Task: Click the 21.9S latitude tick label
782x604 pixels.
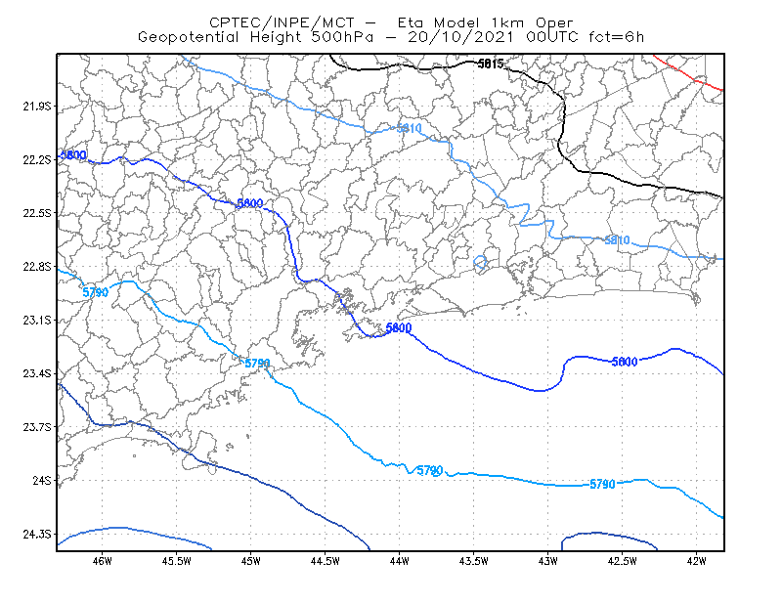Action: [x=37, y=107]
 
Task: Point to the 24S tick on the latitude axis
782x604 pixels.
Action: [x=42, y=480]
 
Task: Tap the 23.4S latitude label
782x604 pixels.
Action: [x=37, y=373]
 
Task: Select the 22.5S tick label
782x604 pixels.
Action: [x=37, y=213]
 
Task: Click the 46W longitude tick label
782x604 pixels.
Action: [x=103, y=561]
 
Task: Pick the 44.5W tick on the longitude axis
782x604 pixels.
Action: [x=325, y=561]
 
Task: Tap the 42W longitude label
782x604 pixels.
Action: [x=696, y=561]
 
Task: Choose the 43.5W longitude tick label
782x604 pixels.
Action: [x=473, y=561]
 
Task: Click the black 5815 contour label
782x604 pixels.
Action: [x=491, y=64]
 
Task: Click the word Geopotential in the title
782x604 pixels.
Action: [x=189, y=37]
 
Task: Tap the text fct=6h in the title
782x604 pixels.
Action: [x=617, y=37]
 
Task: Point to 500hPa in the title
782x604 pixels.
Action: [x=343, y=37]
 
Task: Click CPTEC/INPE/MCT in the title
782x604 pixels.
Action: [x=282, y=22]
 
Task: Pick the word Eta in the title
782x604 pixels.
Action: [x=411, y=22]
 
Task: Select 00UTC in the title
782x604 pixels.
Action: [x=552, y=37]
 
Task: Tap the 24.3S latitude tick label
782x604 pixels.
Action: [x=37, y=535]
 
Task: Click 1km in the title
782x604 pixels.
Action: [x=507, y=22]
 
